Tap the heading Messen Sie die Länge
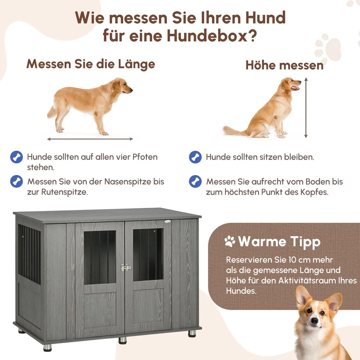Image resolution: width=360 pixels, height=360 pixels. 91,64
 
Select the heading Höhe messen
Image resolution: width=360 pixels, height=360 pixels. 284,65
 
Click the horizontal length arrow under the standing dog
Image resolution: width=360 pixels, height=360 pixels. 90,139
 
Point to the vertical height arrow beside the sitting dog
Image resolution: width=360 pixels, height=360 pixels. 306,108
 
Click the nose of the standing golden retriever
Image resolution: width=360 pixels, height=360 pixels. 131,90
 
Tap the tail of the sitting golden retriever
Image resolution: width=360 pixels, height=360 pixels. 233,131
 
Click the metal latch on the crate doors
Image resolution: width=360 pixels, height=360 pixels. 125,268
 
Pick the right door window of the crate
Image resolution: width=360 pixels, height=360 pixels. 148,254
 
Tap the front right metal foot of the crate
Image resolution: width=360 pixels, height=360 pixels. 192,333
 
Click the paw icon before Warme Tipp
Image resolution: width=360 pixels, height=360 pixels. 230,242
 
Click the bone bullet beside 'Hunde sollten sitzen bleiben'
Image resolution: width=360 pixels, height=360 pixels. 195,157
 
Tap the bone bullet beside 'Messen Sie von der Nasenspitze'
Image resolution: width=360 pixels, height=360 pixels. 17,181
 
